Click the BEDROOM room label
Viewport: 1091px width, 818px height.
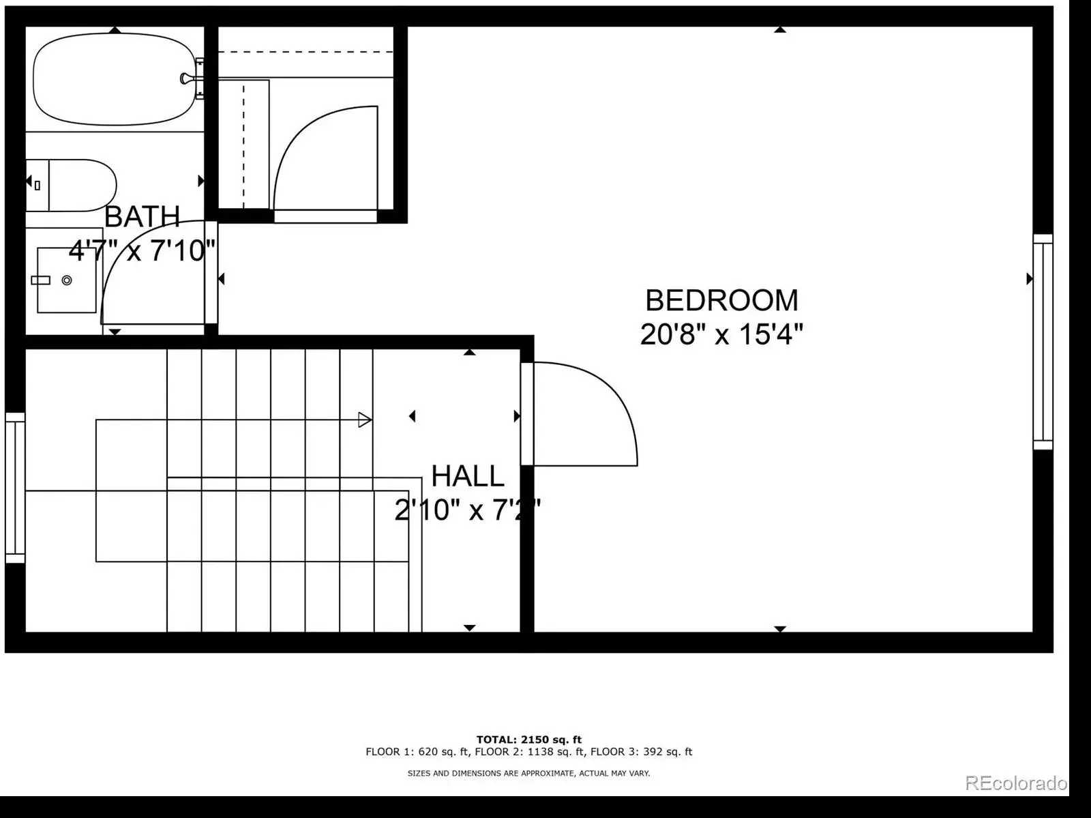click(721, 300)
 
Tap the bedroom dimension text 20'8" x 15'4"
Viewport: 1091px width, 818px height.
click(721, 334)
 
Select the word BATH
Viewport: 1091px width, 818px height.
click(142, 216)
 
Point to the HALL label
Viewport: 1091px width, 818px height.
click(467, 476)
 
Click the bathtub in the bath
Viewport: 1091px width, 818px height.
click(115, 80)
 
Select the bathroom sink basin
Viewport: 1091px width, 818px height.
click(67, 280)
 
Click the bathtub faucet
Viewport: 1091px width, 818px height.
click(188, 78)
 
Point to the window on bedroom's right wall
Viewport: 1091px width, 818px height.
click(1043, 342)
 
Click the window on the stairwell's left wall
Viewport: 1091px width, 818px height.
click(15, 488)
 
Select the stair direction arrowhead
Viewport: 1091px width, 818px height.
click(365, 420)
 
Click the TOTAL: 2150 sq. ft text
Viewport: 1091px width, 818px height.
click(529, 740)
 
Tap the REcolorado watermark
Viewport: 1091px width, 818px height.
click(1016, 783)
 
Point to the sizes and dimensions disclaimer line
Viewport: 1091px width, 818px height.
click(529, 773)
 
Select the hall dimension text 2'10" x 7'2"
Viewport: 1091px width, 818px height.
click(467, 510)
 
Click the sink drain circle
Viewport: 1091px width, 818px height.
click(67, 280)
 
